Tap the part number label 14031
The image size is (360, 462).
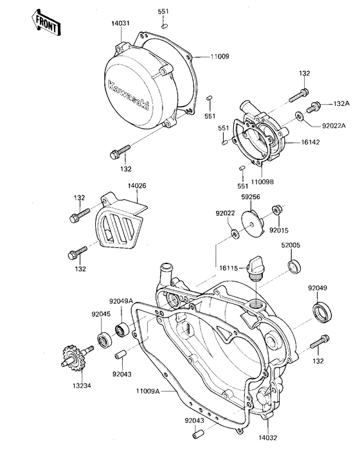coord(122,24)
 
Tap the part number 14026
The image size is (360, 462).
coord(136,186)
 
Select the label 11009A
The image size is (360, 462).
coord(148,390)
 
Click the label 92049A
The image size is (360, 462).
coord(120,301)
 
